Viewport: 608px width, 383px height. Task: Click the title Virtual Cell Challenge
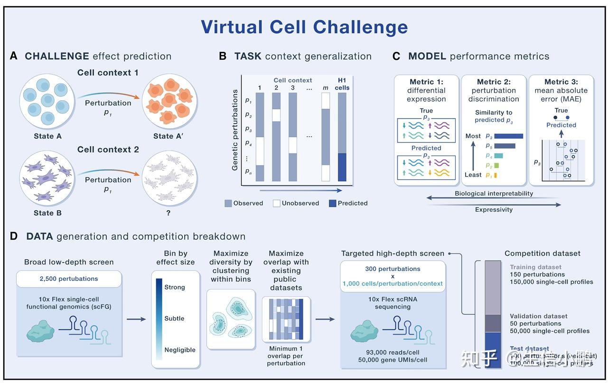coord(304,27)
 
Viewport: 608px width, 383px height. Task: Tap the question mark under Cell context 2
coord(168,213)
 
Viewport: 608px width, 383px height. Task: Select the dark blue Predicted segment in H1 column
coord(342,167)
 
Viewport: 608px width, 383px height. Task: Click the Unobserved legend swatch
coord(276,203)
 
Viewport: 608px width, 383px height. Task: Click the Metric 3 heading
coord(561,82)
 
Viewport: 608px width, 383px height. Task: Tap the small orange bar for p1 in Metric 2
coord(496,175)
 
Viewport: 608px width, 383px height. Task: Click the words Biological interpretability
coord(494,194)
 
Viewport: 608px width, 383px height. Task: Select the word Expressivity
coord(494,209)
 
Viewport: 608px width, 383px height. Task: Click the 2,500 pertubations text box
coord(68,279)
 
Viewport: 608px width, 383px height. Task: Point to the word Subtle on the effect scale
coord(174,318)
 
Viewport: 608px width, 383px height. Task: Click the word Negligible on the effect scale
coord(180,350)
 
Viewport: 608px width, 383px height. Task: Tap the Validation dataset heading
coord(538,316)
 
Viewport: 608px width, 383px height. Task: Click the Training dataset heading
coord(535,267)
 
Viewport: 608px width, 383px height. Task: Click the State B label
coord(47,213)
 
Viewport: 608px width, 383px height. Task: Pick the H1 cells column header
coord(342,84)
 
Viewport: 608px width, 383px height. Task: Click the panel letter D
coord(14,236)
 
